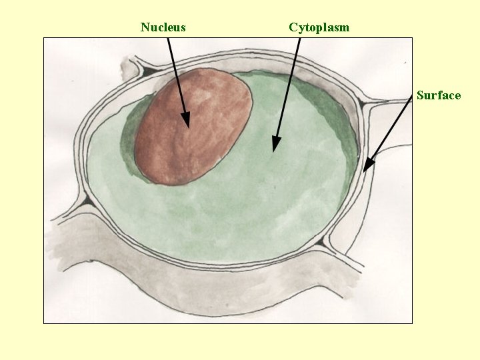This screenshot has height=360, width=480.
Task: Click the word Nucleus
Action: [163, 27]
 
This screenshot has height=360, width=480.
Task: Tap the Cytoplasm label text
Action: [319, 27]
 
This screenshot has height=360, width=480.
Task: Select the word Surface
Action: [438, 95]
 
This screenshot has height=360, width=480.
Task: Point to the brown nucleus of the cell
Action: [193, 127]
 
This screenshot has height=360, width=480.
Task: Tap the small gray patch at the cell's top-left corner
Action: [126, 67]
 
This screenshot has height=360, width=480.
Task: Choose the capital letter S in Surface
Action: [420, 95]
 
